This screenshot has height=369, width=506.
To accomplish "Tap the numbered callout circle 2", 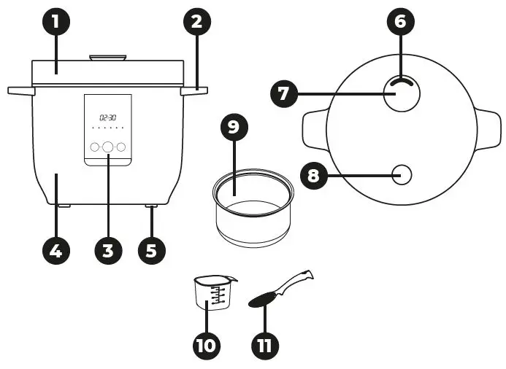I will [x=196, y=21].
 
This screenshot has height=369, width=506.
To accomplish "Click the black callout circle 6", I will [x=399, y=21].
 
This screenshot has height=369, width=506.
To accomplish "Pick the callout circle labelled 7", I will [x=284, y=93].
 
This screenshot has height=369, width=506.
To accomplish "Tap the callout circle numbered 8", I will [x=314, y=176].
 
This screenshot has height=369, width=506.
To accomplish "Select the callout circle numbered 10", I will [x=207, y=343].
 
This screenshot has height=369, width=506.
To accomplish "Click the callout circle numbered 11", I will [x=264, y=343].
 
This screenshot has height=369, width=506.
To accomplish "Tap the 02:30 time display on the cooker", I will [x=108, y=117].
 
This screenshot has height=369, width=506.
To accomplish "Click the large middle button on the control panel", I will [x=108, y=147].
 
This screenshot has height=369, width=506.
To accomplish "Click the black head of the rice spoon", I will [x=264, y=300].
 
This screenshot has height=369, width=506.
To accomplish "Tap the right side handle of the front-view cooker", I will [x=196, y=90].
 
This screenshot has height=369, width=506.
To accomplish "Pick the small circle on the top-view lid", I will [x=401, y=174].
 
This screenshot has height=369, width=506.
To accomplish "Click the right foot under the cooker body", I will [x=152, y=208].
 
